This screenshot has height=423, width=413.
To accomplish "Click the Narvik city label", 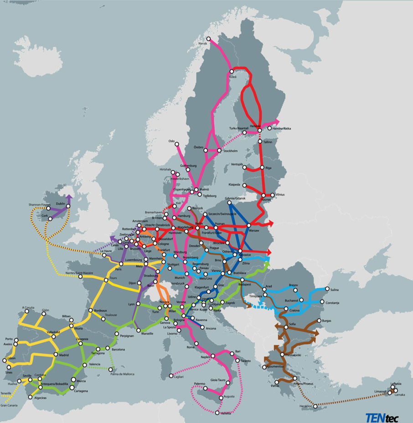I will pyautogui.click(x=203, y=43).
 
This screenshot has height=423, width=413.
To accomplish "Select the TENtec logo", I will pyautogui.click(x=382, y=416).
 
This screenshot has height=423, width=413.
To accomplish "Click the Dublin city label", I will pyautogui.click(x=60, y=204).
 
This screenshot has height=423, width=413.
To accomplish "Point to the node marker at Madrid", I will pyautogui.click(x=56, y=355).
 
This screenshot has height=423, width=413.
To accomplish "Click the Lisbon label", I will pyautogui.click(x=11, y=358).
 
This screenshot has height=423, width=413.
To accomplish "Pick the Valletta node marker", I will pyautogui.click(x=217, y=414).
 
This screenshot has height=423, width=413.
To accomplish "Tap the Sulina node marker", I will pyautogui.click(x=327, y=289).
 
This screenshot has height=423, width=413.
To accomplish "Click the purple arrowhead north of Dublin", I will pyautogui.click(x=69, y=197).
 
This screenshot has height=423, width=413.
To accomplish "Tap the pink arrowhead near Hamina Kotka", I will pyautogui.click(x=278, y=121).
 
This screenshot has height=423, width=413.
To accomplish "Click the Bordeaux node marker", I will pyautogui.click(x=90, y=311).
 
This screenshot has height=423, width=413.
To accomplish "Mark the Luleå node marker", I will pyautogui.click(x=232, y=72).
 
